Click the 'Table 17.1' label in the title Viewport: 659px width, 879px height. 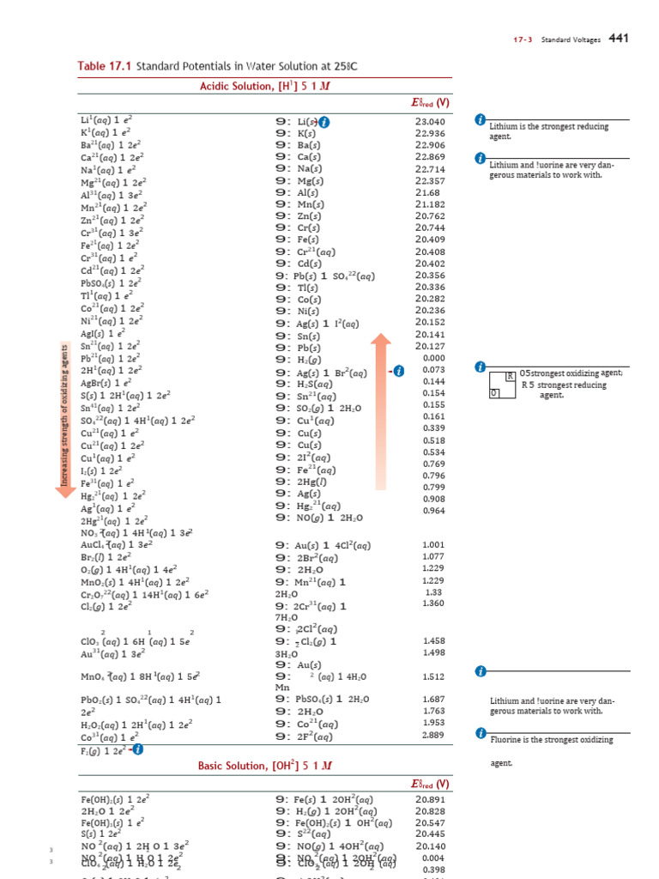point(104,67)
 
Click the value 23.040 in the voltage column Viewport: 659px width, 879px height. point(430,122)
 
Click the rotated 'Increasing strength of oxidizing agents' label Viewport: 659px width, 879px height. point(63,415)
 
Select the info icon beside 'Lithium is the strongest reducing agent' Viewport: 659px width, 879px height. point(480,120)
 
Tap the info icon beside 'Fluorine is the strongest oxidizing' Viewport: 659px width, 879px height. point(480,734)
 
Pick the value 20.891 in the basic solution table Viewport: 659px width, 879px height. point(430,798)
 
